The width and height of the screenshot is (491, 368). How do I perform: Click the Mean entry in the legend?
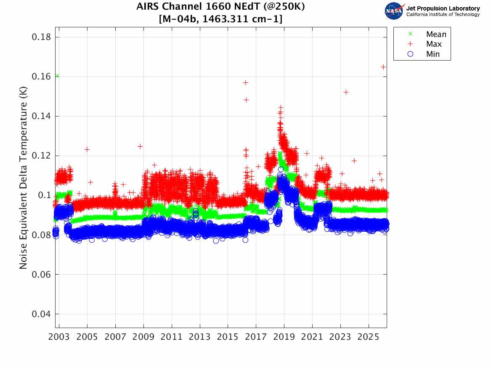(x=436, y=34)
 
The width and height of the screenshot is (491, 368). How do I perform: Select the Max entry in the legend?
(x=433, y=44)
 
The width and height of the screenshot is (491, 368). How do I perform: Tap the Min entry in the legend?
(x=433, y=54)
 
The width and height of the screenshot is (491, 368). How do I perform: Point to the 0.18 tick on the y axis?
(x=41, y=37)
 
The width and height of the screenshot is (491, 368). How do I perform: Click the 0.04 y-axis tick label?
(x=41, y=314)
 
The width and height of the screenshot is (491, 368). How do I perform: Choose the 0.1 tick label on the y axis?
(x=44, y=196)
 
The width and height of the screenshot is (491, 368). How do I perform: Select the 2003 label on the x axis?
(x=59, y=337)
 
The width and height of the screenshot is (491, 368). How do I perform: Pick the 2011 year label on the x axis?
(x=172, y=337)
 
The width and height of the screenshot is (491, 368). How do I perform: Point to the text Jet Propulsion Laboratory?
(x=443, y=8)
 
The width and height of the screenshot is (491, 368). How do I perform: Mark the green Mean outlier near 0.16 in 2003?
(x=57, y=76)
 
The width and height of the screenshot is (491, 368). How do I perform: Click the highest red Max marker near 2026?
(x=383, y=67)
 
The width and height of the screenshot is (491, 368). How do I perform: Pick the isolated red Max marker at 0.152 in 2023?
(x=346, y=92)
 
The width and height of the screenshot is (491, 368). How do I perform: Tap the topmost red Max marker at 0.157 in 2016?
(x=246, y=82)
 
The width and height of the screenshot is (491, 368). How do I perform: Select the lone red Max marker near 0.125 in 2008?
(x=140, y=146)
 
